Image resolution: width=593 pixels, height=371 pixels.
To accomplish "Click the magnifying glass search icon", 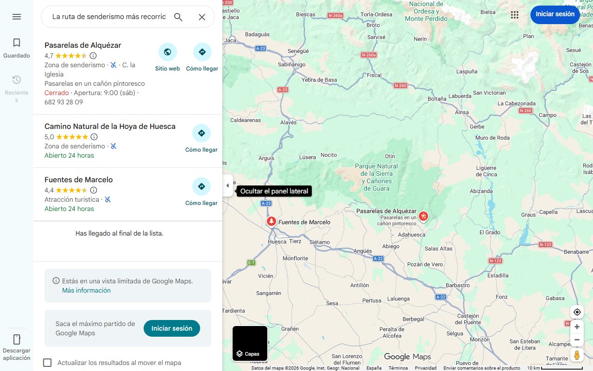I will click(178, 17).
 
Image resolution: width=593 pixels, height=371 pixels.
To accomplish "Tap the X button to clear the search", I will click(202, 17).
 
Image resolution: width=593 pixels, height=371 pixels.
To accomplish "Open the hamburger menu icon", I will click(17, 17).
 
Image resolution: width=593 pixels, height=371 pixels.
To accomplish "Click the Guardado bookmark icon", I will click(17, 43).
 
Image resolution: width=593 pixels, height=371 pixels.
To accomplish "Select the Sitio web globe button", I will click(167, 52).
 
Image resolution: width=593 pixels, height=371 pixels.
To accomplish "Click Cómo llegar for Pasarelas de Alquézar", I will click(202, 52).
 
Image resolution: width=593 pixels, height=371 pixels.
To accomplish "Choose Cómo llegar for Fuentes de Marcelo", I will click(202, 186).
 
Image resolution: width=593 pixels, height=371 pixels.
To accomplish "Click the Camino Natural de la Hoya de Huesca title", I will click(110, 127).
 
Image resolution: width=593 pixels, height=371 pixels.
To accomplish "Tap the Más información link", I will click(86, 290).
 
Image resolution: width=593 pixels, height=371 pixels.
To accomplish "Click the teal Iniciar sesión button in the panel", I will click(172, 328).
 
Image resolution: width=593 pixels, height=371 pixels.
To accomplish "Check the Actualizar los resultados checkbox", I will click(47, 363).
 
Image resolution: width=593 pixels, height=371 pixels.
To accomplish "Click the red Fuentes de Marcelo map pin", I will click(271, 222).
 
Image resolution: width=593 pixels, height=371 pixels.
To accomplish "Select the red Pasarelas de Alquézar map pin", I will click(423, 216).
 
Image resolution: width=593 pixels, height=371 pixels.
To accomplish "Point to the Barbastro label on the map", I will click(457, 285).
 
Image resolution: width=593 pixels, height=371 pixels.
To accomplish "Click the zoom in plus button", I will click(577, 327).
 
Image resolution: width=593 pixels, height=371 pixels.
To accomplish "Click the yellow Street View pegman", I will click(577, 355).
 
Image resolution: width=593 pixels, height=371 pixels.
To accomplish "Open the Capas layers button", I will click(250, 344).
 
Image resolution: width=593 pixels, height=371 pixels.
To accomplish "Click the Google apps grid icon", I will click(515, 15).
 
